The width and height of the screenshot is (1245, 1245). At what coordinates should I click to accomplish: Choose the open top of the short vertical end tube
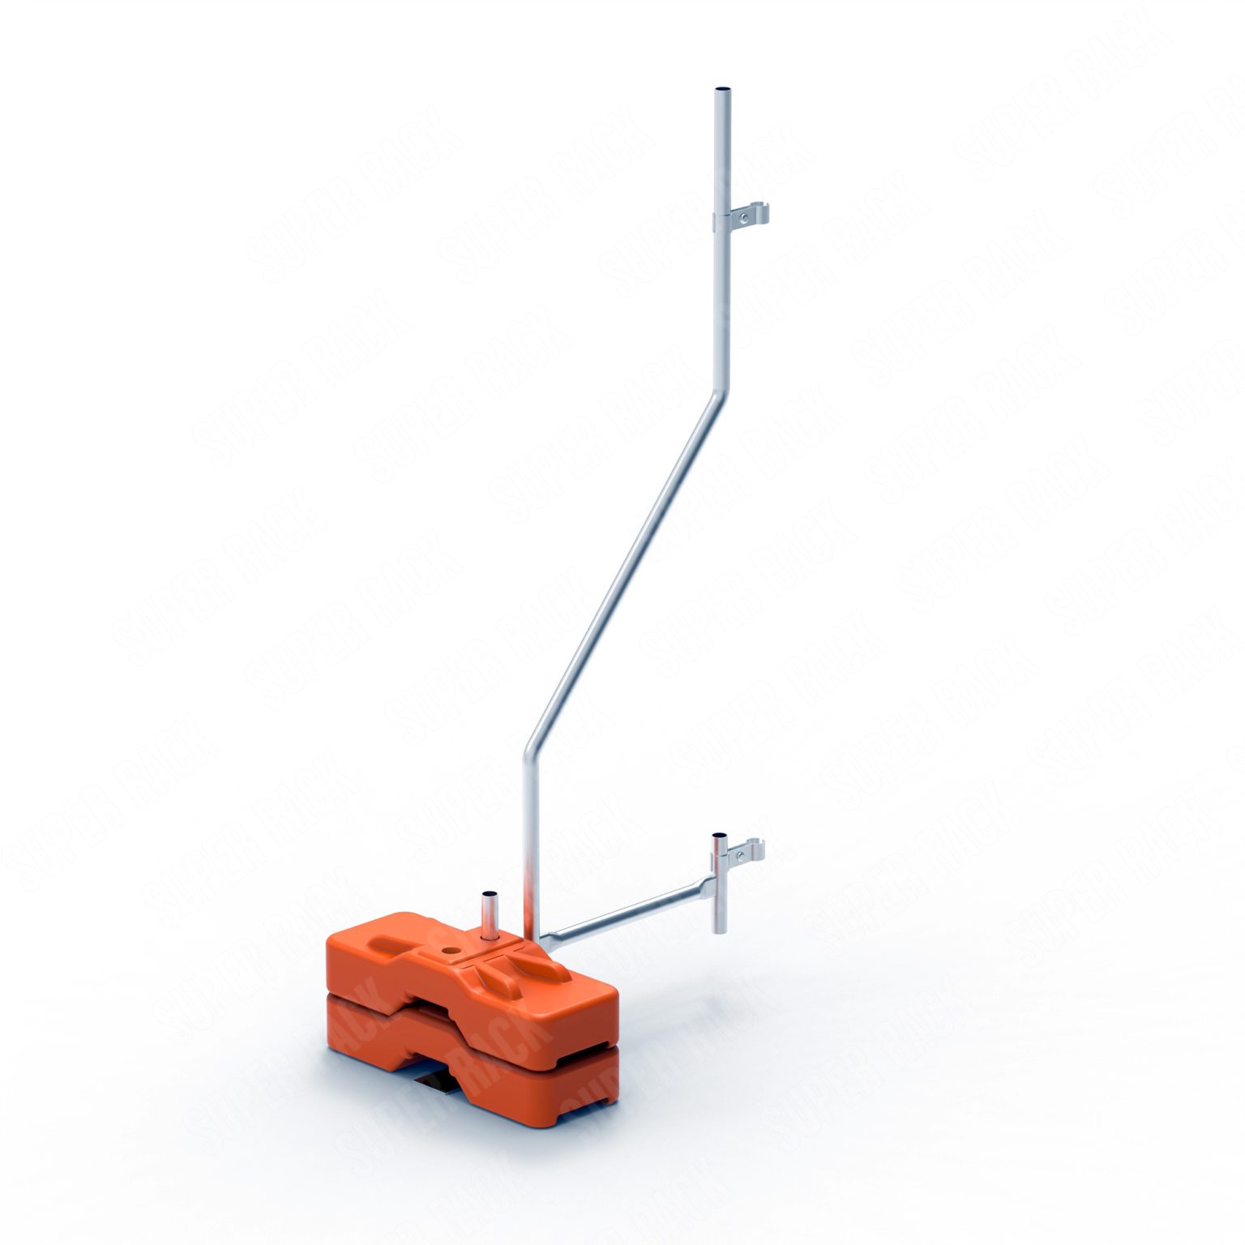(719, 835)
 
